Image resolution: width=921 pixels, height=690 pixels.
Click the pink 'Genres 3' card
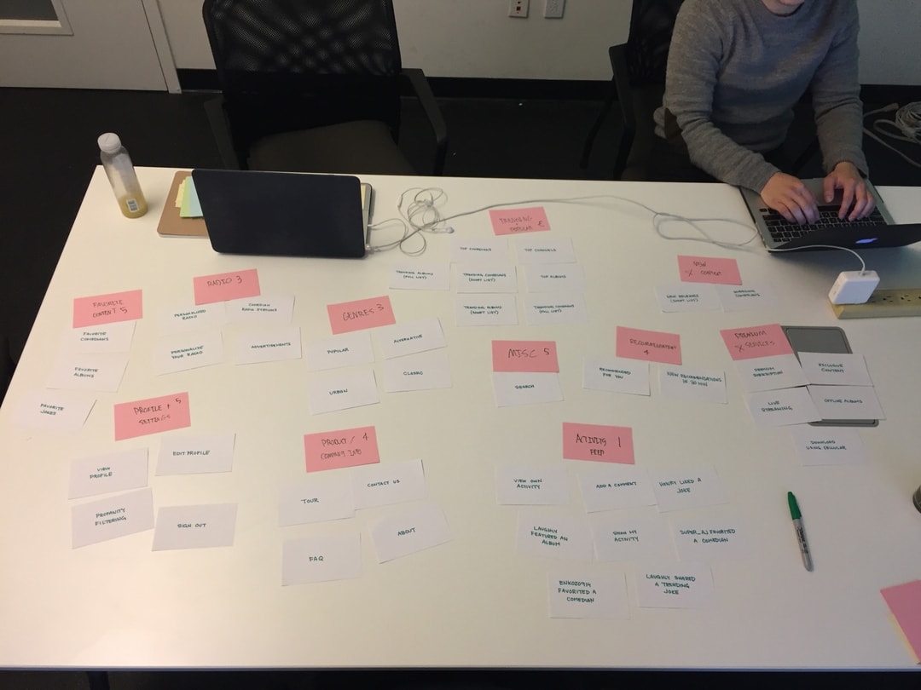pos(361,314)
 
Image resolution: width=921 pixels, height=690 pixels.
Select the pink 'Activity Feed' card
pos(598,443)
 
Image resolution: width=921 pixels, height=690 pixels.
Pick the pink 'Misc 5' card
pos(524,356)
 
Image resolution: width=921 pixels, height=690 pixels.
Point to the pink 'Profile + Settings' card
pos(152,416)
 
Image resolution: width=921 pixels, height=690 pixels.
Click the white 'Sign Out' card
pos(194,526)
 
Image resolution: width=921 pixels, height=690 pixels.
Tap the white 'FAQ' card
pos(321,559)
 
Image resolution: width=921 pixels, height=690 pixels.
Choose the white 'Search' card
pos(527,388)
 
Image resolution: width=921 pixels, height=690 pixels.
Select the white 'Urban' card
pos(343,391)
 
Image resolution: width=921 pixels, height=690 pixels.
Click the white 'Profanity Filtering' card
pos(112,518)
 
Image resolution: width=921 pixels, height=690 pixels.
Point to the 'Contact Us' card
pos(385,484)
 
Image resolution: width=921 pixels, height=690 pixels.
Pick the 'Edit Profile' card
pos(194,454)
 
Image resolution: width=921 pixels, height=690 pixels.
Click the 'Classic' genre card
pos(415,373)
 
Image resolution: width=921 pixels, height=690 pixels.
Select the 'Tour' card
pos(314,501)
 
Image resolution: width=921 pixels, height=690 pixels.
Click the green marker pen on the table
pos(799,530)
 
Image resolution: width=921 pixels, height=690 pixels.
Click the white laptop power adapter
pos(853,286)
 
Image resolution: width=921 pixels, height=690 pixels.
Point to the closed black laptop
pos(279,213)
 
